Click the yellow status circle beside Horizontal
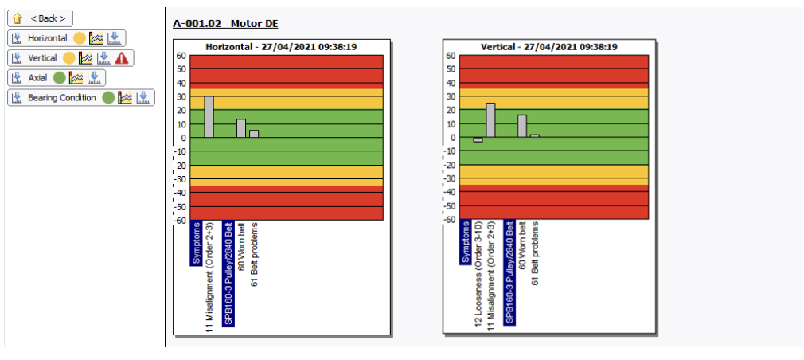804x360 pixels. tap(80, 37)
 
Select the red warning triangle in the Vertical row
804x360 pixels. tap(122, 57)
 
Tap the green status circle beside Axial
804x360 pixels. tap(59, 77)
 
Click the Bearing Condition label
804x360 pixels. tap(62, 97)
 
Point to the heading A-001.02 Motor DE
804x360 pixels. tap(225, 24)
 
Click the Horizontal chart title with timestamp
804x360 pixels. tap(281, 47)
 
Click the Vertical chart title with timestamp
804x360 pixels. tap(550, 47)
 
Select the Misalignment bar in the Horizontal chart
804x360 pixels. tap(209, 117)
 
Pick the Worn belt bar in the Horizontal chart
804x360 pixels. tap(241, 128)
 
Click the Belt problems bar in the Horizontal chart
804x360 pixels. tap(254, 134)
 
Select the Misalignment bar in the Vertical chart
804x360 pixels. tap(490, 120)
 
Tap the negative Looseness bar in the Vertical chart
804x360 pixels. tap(478, 140)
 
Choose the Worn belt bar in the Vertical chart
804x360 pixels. tap(522, 126)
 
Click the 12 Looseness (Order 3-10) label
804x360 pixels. tap(478, 275)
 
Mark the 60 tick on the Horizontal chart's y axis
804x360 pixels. tap(181, 56)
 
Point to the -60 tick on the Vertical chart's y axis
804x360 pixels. tap(450, 220)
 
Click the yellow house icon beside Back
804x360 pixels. tap(17, 18)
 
